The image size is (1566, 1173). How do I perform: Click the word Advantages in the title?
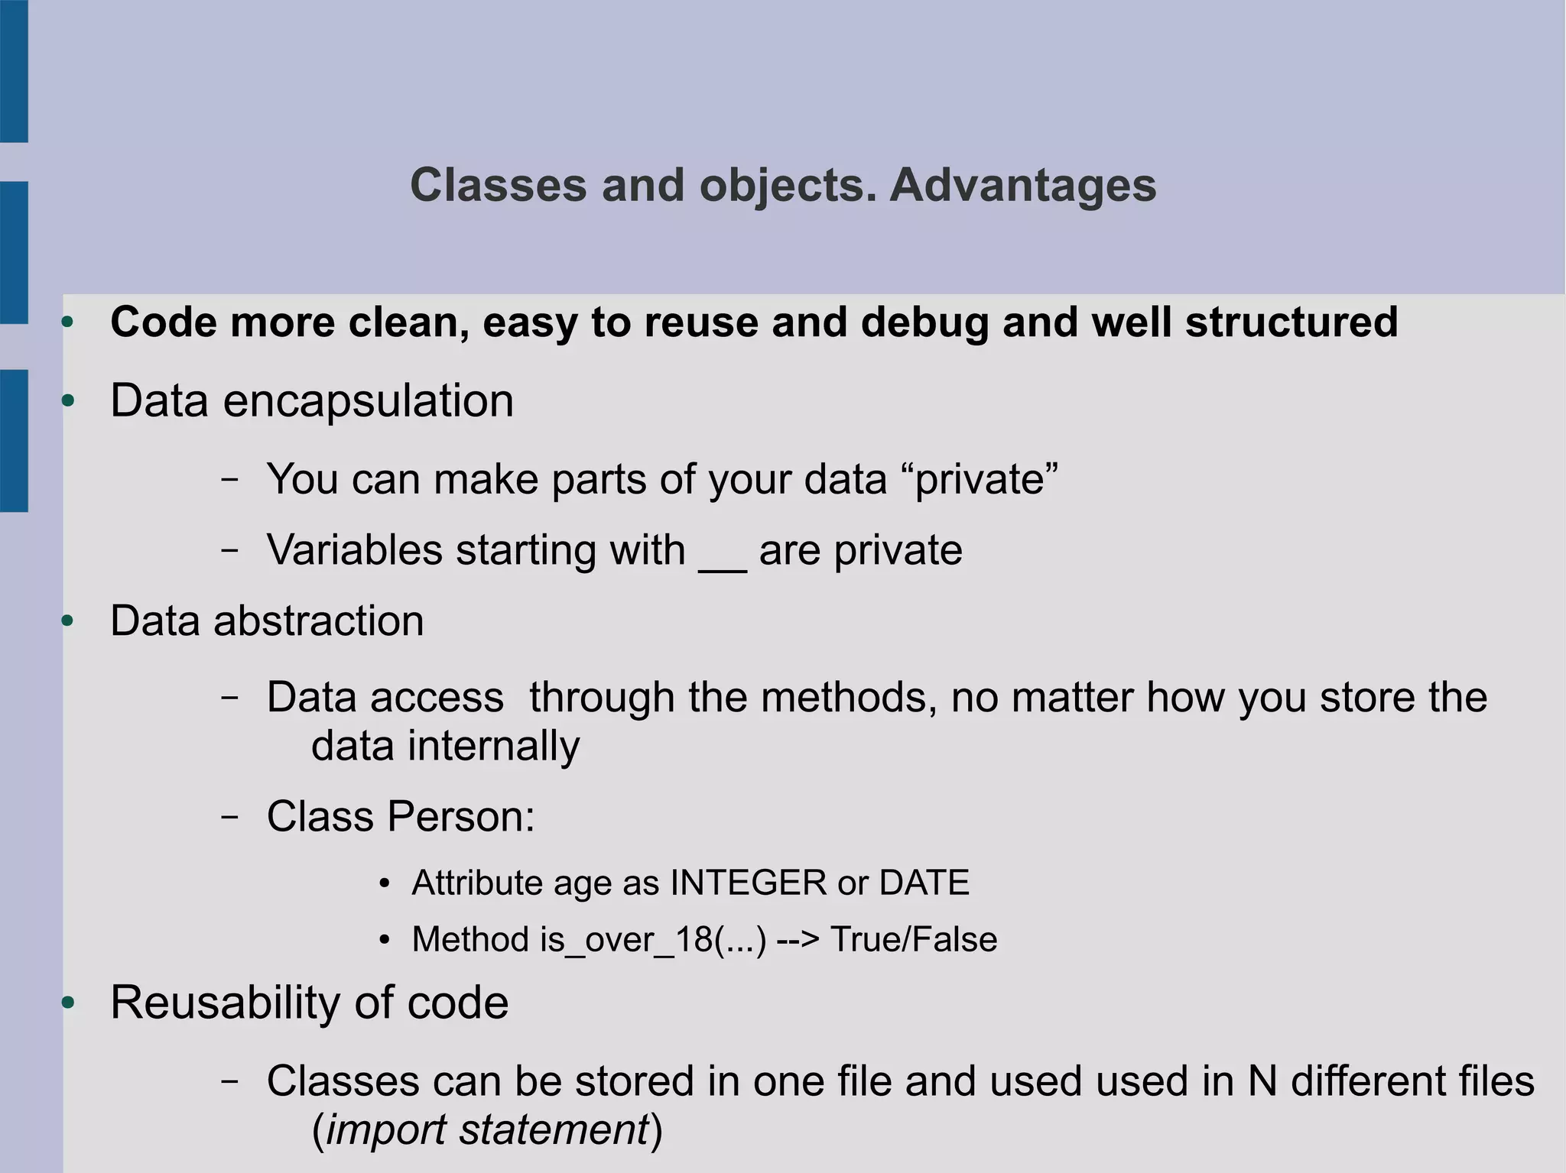click(x=1022, y=186)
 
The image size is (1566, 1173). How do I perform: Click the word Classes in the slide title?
click(x=499, y=186)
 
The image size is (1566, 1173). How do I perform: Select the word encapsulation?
click(x=368, y=401)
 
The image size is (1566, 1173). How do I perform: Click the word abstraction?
click(x=318, y=621)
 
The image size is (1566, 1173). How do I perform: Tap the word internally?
click(x=493, y=746)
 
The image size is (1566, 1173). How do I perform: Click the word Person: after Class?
click(x=460, y=816)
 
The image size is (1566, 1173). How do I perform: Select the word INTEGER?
click(x=748, y=883)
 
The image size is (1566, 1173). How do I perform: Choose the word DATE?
click(x=924, y=883)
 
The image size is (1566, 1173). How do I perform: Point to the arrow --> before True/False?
click(x=798, y=940)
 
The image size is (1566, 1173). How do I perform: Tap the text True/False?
click(x=914, y=940)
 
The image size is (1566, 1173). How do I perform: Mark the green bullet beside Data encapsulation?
click(x=68, y=401)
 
